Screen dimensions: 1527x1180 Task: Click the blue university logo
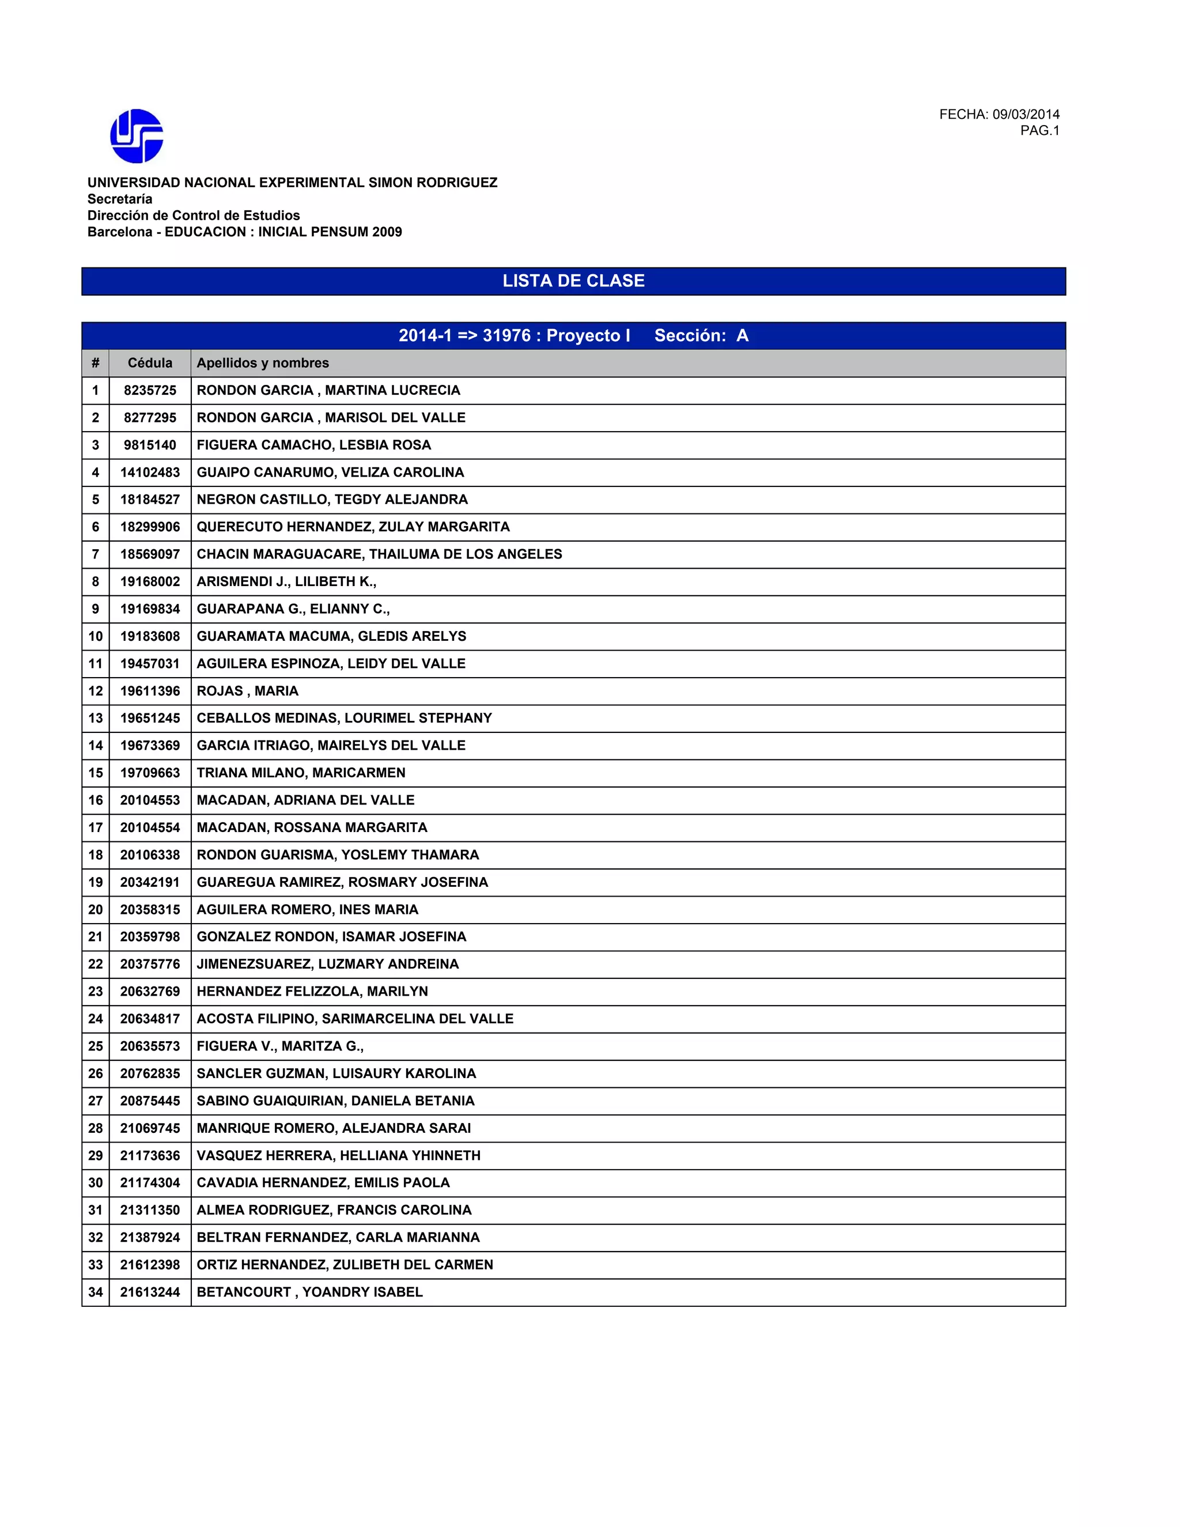[x=137, y=135]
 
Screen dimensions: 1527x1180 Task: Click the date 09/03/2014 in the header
[x=1026, y=114]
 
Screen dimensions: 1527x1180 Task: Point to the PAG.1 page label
[x=1039, y=131]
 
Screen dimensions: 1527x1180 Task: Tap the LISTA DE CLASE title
[x=573, y=281]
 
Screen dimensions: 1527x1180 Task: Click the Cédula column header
[x=150, y=363]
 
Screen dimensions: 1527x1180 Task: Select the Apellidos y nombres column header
[x=263, y=363]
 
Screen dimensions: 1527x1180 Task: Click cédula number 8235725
[x=150, y=390]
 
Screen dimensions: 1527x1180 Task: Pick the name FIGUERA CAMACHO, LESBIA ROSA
[x=314, y=445]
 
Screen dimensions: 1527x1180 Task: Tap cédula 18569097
[x=150, y=554]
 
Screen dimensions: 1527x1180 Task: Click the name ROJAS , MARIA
[x=247, y=691]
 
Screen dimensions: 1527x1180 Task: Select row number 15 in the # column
[x=95, y=773]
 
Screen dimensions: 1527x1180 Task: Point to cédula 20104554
[x=150, y=827]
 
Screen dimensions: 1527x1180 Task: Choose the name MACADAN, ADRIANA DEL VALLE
[x=305, y=800]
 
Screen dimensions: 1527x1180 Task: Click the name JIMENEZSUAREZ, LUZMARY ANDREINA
[x=328, y=964]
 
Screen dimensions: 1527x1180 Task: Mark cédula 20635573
[x=150, y=1046]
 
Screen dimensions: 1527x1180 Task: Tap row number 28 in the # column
[x=95, y=1128]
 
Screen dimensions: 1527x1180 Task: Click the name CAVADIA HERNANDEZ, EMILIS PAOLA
[x=323, y=1182]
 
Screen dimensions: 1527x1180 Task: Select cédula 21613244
[x=150, y=1292]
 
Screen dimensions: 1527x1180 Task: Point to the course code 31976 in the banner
[x=506, y=335]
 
